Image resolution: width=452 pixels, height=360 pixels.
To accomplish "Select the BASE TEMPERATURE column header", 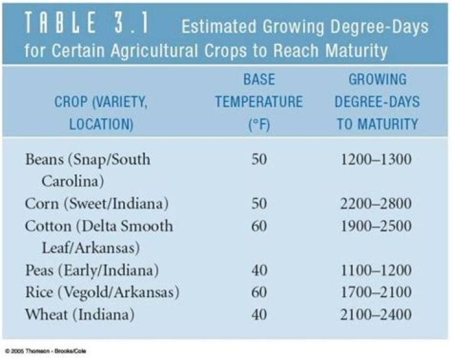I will click(x=259, y=102).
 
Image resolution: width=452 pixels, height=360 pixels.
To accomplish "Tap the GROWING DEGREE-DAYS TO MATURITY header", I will click(x=377, y=102).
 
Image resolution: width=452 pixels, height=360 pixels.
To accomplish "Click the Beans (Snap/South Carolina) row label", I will click(x=88, y=169).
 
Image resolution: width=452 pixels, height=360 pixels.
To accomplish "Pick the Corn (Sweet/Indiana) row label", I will click(x=97, y=203).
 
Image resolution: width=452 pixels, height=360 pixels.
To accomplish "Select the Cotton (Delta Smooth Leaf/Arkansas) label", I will click(x=99, y=236).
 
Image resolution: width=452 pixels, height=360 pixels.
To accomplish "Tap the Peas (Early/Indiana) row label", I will click(x=91, y=270).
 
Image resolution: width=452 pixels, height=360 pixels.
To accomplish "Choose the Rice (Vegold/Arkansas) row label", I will click(x=102, y=292).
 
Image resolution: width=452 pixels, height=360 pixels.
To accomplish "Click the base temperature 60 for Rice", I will click(x=259, y=292).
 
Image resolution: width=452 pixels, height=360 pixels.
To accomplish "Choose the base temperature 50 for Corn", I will click(x=259, y=203).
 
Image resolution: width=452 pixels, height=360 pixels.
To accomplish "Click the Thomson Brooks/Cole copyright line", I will click(x=45, y=351).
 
